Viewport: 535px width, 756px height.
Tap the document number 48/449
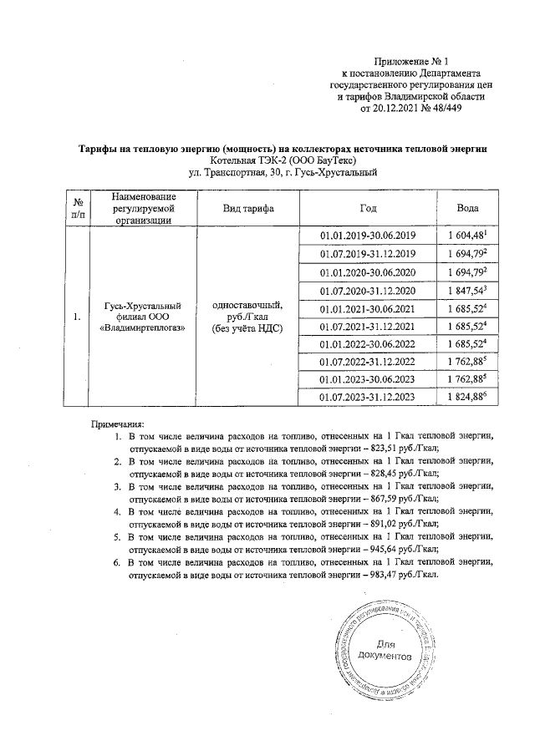tap(442, 108)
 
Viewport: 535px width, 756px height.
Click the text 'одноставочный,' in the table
tap(248, 306)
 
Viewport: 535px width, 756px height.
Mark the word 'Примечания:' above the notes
tap(118, 424)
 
